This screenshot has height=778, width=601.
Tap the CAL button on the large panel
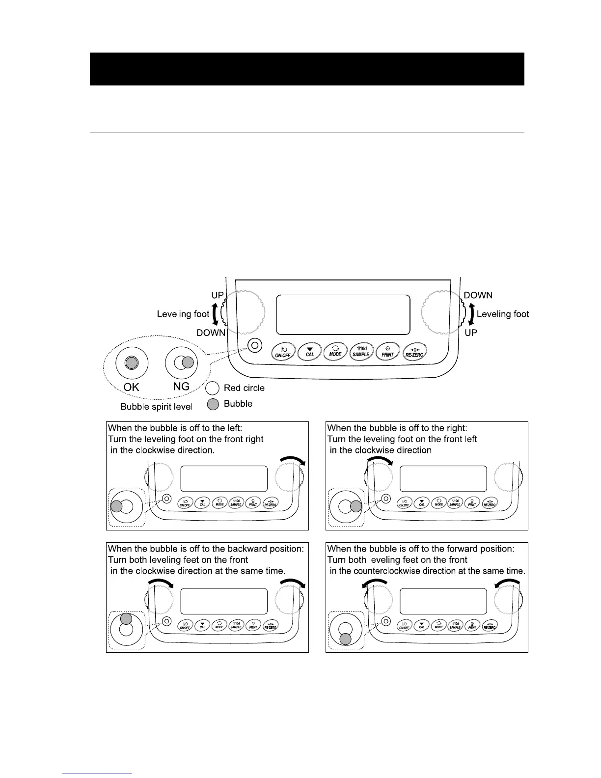coord(309,352)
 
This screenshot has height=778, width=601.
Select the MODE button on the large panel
coord(335,352)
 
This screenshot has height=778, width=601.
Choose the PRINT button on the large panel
coord(387,352)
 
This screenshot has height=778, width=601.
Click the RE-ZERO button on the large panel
coord(414,352)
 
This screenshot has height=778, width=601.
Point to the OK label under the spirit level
coord(131,387)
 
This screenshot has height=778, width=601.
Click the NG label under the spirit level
coord(181,387)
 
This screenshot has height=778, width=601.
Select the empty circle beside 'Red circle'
coord(213,388)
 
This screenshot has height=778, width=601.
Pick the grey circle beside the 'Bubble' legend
coord(213,404)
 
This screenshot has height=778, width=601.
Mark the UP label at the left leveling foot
coord(218,295)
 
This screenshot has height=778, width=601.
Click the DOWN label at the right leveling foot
coord(478,295)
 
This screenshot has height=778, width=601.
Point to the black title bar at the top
coord(307,69)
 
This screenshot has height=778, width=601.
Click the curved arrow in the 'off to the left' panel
coord(293,460)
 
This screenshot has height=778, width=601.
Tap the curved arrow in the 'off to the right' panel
coord(380,460)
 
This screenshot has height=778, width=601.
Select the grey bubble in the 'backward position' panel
coord(126,619)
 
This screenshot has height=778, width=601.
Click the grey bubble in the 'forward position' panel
coord(346,639)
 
